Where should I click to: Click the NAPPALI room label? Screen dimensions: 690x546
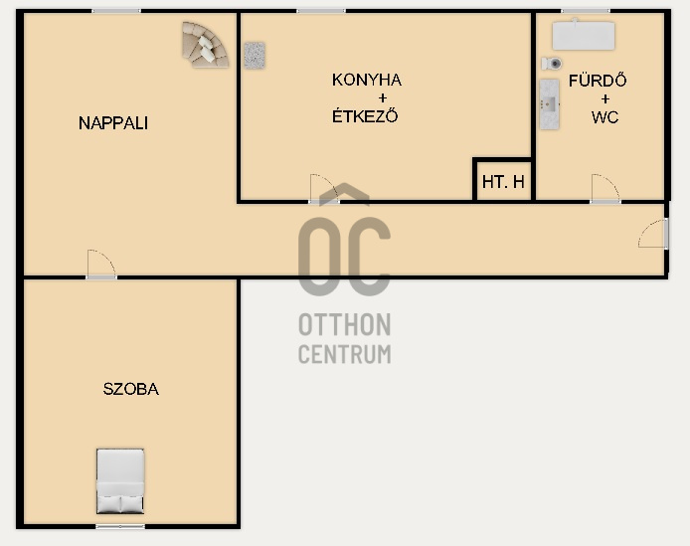coord(113,123)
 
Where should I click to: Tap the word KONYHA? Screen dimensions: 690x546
coord(367,80)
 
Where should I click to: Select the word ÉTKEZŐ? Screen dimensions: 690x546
coord(365,115)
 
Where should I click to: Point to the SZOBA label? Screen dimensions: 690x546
coord(130,389)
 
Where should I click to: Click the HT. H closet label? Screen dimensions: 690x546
coord(503,181)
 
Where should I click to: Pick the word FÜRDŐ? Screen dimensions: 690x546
coord(598,81)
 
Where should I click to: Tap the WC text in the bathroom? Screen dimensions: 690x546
coord(605,117)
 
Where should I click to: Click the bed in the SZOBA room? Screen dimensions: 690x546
coord(120,480)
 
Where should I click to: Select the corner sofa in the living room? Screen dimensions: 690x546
coord(205,45)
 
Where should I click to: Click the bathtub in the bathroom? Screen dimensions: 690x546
coord(584,35)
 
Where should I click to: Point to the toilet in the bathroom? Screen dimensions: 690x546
coord(552,64)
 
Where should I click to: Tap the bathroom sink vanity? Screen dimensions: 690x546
coord(550,104)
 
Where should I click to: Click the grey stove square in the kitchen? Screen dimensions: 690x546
coord(255,55)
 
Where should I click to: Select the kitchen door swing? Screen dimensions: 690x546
coord(324,188)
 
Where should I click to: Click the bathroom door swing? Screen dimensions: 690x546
coord(605,188)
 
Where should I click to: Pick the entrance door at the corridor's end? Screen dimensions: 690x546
coord(653,234)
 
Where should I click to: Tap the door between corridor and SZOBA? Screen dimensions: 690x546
coord(101,265)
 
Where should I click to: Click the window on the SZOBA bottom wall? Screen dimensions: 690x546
coord(120,526)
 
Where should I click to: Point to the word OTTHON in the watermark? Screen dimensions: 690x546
coord(345,324)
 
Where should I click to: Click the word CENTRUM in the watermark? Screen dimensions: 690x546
coord(345,354)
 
